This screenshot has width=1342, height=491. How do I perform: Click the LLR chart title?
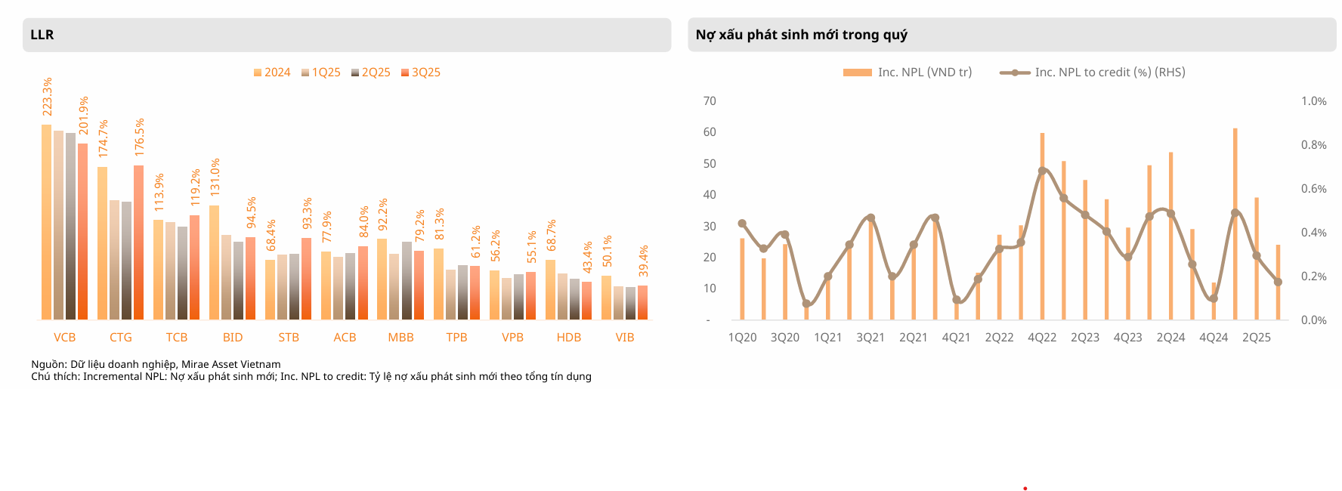click(x=42, y=35)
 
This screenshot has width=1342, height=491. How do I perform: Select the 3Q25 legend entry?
click(x=421, y=73)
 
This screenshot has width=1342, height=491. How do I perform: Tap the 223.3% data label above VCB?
click(x=47, y=97)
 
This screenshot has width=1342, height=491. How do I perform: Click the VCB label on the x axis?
click(x=64, y=338)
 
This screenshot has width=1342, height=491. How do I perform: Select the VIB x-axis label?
click(x=624, y=338)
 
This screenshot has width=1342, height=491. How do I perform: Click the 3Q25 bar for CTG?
click(x=138, y=242)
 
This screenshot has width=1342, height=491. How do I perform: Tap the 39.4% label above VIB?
click(x=643, y=261)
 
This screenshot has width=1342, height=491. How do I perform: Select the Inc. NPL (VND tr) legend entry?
click(x=908, y=73)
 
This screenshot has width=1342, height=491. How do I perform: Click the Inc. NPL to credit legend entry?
click(x=1093, y=73)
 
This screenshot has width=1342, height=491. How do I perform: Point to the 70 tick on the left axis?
click(x=710, y=101)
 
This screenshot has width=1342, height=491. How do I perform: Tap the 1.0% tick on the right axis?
click(x=1313, y=101)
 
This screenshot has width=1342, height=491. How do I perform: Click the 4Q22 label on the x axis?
click(x=1042, y=338)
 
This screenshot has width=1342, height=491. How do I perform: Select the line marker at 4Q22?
click(x=1042, y=171)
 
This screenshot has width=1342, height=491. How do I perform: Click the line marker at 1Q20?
click(x=742, y=224)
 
